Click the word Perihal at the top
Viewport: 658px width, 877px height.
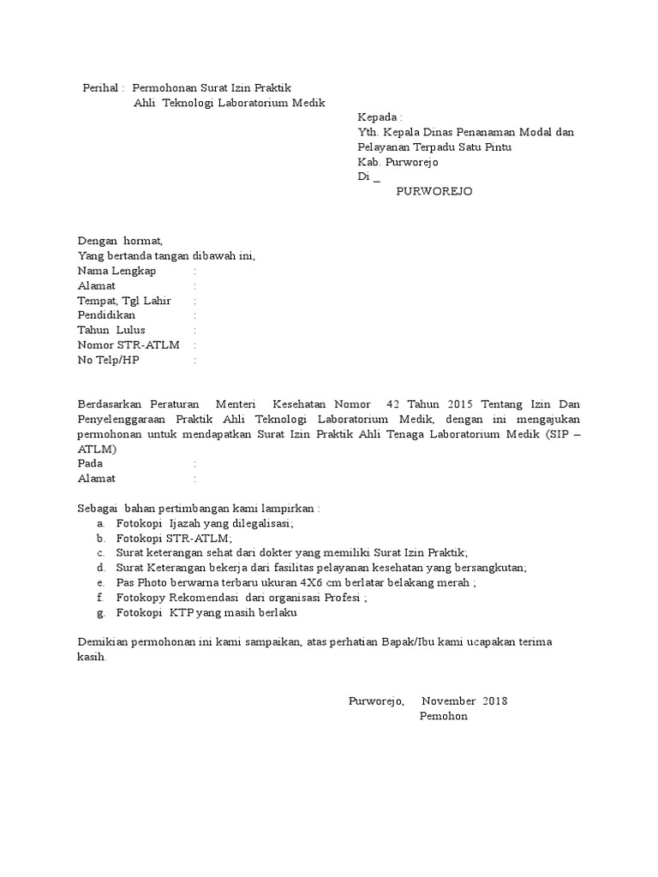pos(101,87)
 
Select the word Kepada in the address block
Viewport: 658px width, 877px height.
pos(377,116)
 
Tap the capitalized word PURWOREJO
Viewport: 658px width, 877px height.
pos(434,191)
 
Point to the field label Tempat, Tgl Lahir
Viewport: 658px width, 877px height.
pos(124,301)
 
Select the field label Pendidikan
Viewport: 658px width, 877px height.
pos(106,315)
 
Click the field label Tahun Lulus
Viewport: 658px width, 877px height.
pos(111,330)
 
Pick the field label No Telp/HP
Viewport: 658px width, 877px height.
pos(108,360)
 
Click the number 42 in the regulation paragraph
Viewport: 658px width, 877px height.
pos(394,403)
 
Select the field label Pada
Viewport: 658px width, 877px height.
pos(90,463)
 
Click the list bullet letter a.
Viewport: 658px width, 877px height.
pos(101,522)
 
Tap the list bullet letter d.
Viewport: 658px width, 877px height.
pos(101,567)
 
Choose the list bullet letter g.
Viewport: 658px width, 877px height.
pos(101,612)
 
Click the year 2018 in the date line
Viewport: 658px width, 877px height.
pos(495,701)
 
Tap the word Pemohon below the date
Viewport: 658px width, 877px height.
pos(444,716)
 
